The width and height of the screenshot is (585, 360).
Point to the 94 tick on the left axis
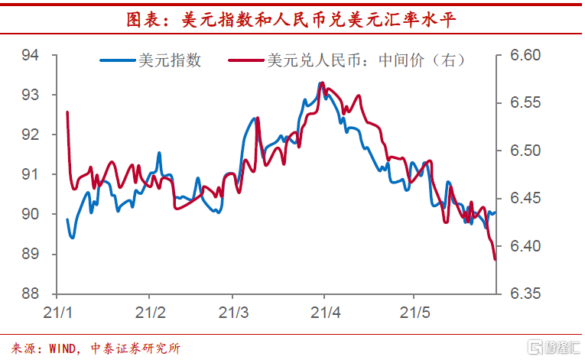click(31, 55)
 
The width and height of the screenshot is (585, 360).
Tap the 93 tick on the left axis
click(31, 95)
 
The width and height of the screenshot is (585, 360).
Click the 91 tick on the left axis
click(31, 174)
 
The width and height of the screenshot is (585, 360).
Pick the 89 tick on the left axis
click(31, 254)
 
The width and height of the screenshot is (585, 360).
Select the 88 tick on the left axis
click(31, 294)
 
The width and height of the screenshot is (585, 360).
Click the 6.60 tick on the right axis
click(525, 55)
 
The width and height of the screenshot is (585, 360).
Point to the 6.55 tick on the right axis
click(525, 102)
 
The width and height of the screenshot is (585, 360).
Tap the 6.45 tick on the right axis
click(525, 199)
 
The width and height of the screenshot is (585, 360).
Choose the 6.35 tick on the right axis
click(525, 294)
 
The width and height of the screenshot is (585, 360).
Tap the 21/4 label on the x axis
click(323, 313)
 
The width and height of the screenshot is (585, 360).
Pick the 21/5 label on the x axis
click(414, 313)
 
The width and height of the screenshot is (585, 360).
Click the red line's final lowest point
click(495, 259)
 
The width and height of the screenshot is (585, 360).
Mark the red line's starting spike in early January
click(67, 112)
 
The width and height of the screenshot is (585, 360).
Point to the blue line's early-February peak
click(159, 153)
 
